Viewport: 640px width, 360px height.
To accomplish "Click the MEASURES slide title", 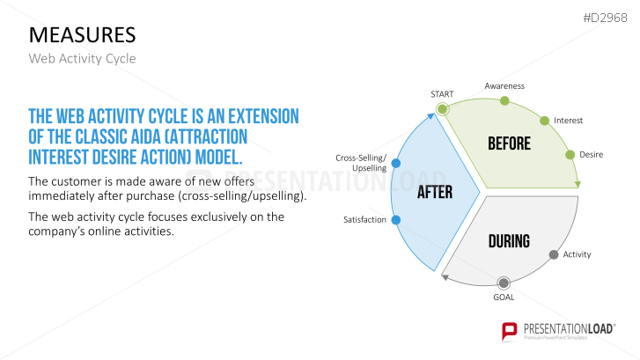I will point(82,34).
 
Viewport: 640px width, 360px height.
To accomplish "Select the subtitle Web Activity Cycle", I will point(83,58).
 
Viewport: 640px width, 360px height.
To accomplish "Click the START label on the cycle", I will point(443,93).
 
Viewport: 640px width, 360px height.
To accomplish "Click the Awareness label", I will point(504,85).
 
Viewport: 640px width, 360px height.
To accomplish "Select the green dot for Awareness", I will point(504,100).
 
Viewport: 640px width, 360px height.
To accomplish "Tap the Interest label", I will point(568,120).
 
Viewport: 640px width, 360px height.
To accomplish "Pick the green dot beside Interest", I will point(544,120).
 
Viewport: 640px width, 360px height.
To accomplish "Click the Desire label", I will point(591,154).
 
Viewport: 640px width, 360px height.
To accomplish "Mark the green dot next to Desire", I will point(568,154).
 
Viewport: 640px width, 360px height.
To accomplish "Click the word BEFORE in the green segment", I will point(509,143).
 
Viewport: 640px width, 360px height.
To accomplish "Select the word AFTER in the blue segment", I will point(435,191).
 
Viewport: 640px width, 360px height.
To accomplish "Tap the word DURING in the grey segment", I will point(509,240).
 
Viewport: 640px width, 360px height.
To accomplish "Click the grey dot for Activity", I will point(554,254).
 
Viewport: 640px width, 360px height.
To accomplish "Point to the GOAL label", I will point(504,298).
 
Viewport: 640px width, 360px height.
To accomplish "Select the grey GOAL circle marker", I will point(504,283).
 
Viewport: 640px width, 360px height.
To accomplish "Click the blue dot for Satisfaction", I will point(395,219).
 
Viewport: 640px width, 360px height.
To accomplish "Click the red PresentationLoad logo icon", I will point(509,332).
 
